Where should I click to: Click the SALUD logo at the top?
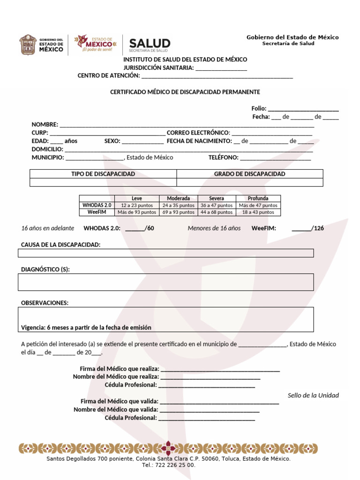[150, 45]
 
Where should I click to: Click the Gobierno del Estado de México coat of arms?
[27, 45]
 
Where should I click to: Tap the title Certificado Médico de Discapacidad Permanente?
[185, 92]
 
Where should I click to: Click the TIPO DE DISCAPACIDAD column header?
[103, 174]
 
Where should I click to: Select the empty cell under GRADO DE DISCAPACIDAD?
[249, 182]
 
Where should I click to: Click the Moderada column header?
[178, 198]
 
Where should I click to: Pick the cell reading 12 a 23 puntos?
[137, 205]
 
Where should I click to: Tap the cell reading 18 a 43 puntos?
[258, 212]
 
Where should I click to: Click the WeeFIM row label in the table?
[97, 212]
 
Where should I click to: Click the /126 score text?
[318, 229]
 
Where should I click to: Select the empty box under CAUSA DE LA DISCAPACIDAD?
[165, 253]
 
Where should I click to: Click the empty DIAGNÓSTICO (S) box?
[165, 282]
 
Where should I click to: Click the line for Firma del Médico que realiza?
[220, 369]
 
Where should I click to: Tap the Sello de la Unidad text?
[313, 396]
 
